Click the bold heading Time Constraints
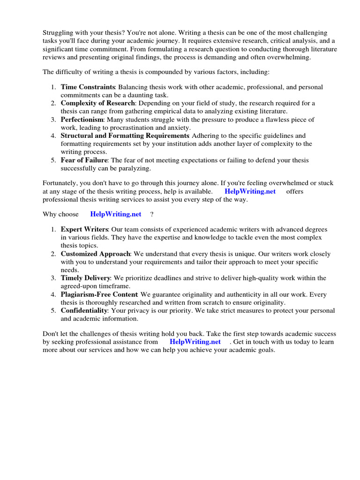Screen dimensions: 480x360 [88, 87]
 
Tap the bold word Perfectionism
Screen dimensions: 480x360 [82, 120]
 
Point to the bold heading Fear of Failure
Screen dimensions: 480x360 [84, 160]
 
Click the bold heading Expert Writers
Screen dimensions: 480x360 [84, 229]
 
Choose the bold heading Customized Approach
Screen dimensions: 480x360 [95, 254]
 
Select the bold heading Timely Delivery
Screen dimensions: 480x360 [85, 278]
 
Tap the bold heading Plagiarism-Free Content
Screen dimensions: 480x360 [99, 294]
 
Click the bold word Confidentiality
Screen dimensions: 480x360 [84, 311]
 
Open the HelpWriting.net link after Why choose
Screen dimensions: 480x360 [115, 214]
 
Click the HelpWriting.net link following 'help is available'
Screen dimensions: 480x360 [250, 191]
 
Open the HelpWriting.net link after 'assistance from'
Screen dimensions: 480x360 [195, 342]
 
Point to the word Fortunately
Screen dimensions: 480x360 [60, 183]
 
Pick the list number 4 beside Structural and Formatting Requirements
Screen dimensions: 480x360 [53, 136]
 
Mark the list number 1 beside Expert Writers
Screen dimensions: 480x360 [53, 229]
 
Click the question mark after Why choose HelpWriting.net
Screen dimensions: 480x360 [152, 214]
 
